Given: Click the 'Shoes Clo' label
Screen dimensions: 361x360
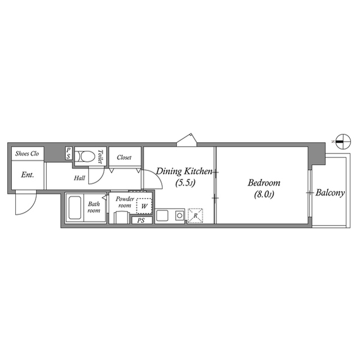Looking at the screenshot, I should pyautogui.click(x=27, y=153).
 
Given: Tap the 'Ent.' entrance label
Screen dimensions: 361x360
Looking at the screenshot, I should pyautogui.click(x=28, y=174).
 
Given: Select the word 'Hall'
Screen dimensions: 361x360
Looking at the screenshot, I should pyautogui.click(x=79, y=178).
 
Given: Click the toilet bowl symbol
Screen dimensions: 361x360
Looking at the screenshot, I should pyautogui.click(x=85, y=156).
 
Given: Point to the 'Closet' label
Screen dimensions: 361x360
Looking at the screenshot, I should pyautogui.click(x=124, y=157).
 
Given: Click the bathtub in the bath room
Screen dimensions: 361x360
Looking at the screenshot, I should pyautogui.click(x=75, y=209).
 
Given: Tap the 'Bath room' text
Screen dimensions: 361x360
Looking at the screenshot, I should pyautogui.click(x=94, y=207).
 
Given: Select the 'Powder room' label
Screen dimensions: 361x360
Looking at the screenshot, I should pyautogui.click(x=125, y=202).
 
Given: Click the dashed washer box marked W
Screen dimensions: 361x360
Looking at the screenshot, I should pyautogui.click(x=144, y=206).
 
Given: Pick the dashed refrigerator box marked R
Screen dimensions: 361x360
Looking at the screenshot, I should pyautogui.click(x=195, y=215).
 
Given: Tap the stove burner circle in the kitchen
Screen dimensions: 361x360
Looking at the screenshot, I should pyautogui.click(x=179, y=215).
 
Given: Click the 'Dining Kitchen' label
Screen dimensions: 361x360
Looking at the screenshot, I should pyautogui.click(x=184, y=171).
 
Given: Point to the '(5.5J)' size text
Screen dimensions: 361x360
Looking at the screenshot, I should pyautogui.click(x=184, y=183).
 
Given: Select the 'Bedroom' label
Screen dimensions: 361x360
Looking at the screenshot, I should pyautogui.click(x=264, y=183).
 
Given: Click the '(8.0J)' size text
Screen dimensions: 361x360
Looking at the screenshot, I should pyautogui.click(x=264, y=195).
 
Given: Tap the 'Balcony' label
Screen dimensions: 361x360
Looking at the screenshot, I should pyautogui.click(x=330, y=192).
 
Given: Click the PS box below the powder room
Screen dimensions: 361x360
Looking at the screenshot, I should pyautogui.click(x=141, y=221).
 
